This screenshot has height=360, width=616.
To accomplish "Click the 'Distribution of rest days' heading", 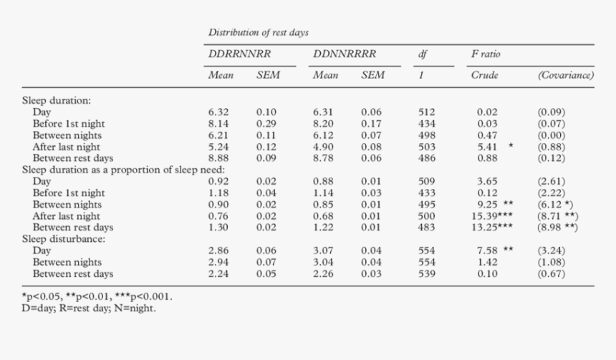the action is coord(259,33).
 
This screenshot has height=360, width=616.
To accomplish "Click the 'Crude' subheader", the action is coord(484,74).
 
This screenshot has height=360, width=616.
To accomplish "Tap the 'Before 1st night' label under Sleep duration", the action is coord(69,124).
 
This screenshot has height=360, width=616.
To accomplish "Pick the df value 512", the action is coord(427,112).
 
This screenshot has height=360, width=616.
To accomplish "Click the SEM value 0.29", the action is coord(266,124).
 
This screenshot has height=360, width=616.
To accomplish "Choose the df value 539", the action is coord(427,273).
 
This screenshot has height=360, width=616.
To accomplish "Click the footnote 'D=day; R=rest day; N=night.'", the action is coord(90,308).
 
